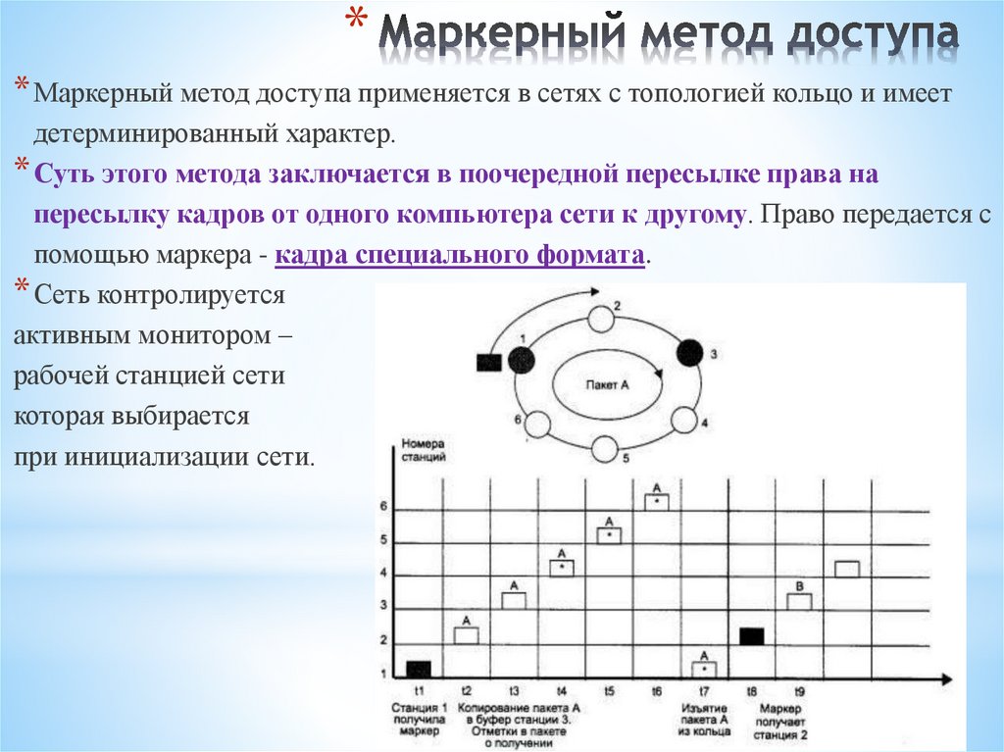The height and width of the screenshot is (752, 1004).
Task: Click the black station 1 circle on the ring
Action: pyautogui.click(x=523, y=359)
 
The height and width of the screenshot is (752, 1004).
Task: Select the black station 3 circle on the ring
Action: pyautogui.click(x=690, y=352)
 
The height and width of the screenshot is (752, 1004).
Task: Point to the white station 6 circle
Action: pyautogui.click(x=536, y=424)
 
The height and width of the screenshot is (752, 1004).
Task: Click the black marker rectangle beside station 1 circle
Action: pyautogui.click(x=488, y=363)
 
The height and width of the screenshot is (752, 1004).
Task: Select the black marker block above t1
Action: pyautogui.click(x=419, y=670)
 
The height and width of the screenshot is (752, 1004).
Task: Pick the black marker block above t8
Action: pyautogui.click(x=751, y=635)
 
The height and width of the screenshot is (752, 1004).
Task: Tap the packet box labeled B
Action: pyautogui.click(x=799, y=601)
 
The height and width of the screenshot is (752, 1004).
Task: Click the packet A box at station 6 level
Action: pyautogui.click(x=657, y=501)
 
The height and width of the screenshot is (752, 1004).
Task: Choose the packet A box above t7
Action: pyautogui.click(x=705, y=668)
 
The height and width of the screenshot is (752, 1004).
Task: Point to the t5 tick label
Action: pyautogui.click(x=609, y=690)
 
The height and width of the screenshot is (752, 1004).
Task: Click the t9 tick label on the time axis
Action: pyautogui.click(x=799, y=690)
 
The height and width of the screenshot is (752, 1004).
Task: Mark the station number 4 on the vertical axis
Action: pyautogui.click(x=383, y=573)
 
